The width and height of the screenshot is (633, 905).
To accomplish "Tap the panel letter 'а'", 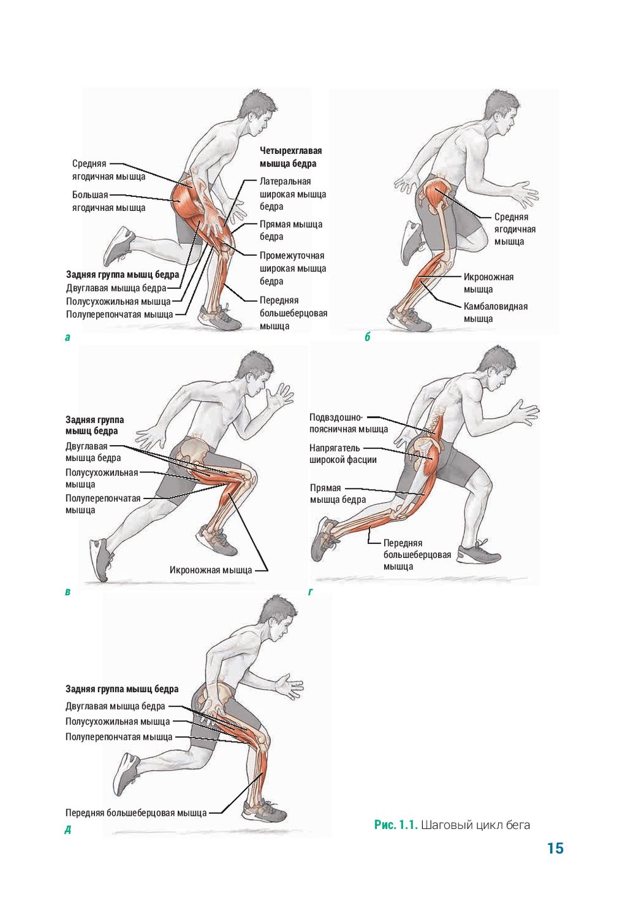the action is pyautogui.click(x=68, y=337).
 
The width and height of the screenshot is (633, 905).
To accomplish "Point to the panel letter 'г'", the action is pyautogui.click(x=310, y=592).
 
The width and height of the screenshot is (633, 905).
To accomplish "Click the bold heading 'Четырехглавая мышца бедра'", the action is pyautogui.click(x=291, y=157).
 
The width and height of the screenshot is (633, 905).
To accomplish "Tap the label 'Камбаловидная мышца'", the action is pyautogui.click(x=496, y=312).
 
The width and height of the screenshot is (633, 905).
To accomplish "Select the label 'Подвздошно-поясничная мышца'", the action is pyautogui.click(x=349, y=423).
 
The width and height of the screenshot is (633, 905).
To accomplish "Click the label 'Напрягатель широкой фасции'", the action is pyautogui.click(x=343, y=453).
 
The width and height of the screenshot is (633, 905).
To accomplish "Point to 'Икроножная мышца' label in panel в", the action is pyautogui.click(x=211, y=570).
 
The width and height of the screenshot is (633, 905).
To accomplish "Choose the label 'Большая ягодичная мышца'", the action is pyautogui.click(x=109, y=201).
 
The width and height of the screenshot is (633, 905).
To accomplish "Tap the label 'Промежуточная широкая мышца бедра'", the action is pyautogui.click(x=292, y=269).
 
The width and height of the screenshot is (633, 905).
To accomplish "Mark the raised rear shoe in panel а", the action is pyautogui.click(x=118, y=245).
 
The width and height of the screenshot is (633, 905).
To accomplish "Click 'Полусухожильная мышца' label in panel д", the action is pyautogui.click(x=118, y=721).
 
